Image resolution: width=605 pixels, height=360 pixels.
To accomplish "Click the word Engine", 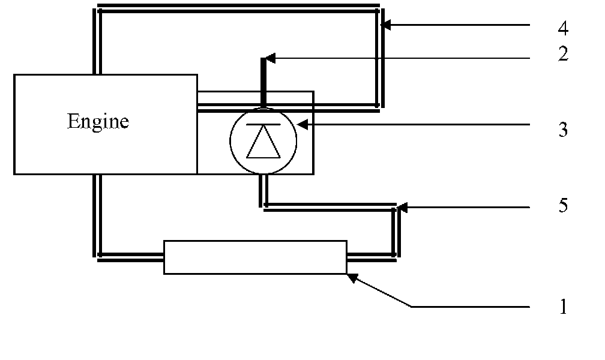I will tap(98, 122).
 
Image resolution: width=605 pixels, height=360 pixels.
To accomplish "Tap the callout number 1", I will tap(562, 307).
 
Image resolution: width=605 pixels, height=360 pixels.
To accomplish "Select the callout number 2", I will tap(562, 55).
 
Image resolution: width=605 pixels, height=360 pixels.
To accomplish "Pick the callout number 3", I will tap(562, 130).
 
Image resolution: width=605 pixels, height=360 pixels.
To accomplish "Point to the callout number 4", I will tap(562, 28).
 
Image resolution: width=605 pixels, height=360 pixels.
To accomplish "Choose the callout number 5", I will tap(562, 206).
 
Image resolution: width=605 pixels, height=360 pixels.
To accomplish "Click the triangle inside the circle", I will tap(262, 144).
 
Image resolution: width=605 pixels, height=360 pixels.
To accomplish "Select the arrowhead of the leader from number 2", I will tap(271, 58).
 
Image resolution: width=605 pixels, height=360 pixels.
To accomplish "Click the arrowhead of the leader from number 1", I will tap(352, 278).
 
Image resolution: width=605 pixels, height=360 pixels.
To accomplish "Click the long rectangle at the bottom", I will tap(255, 257).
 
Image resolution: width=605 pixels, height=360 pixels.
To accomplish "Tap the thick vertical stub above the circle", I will tap(263, 81).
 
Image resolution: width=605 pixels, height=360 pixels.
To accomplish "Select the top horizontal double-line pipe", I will tap(237, 9).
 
